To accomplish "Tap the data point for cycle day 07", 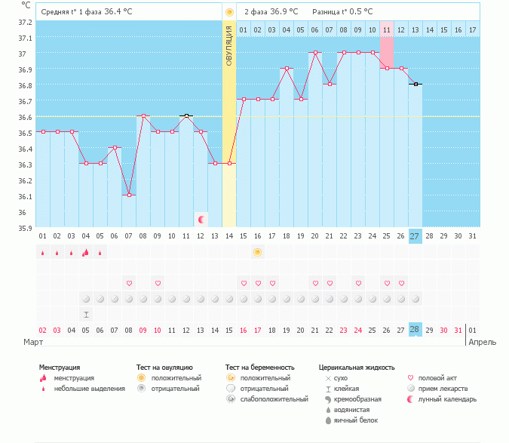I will pos(129,195).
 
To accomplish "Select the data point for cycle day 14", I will pos(229,163).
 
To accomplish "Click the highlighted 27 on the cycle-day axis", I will pos(415,236).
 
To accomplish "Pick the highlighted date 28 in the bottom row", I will pos(415,330).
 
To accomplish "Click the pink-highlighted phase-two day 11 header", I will pos(386,29).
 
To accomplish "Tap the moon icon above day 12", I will pos(201,219).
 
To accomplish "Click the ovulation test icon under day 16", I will pos(257,252).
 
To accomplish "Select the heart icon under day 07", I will pos(129,283).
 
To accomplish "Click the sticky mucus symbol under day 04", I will pos(86,314).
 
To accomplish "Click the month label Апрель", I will pos(483,342).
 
